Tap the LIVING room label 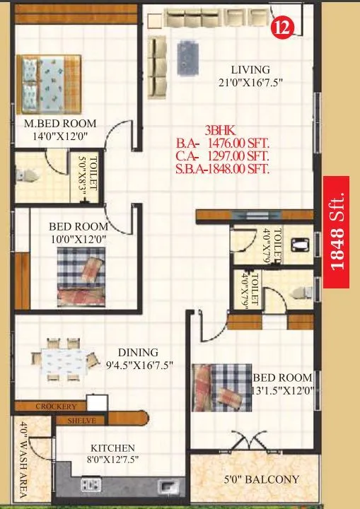pos(250,70)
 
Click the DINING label pos(138,352)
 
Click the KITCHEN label pos(112,448)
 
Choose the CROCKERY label pos(52,406)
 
